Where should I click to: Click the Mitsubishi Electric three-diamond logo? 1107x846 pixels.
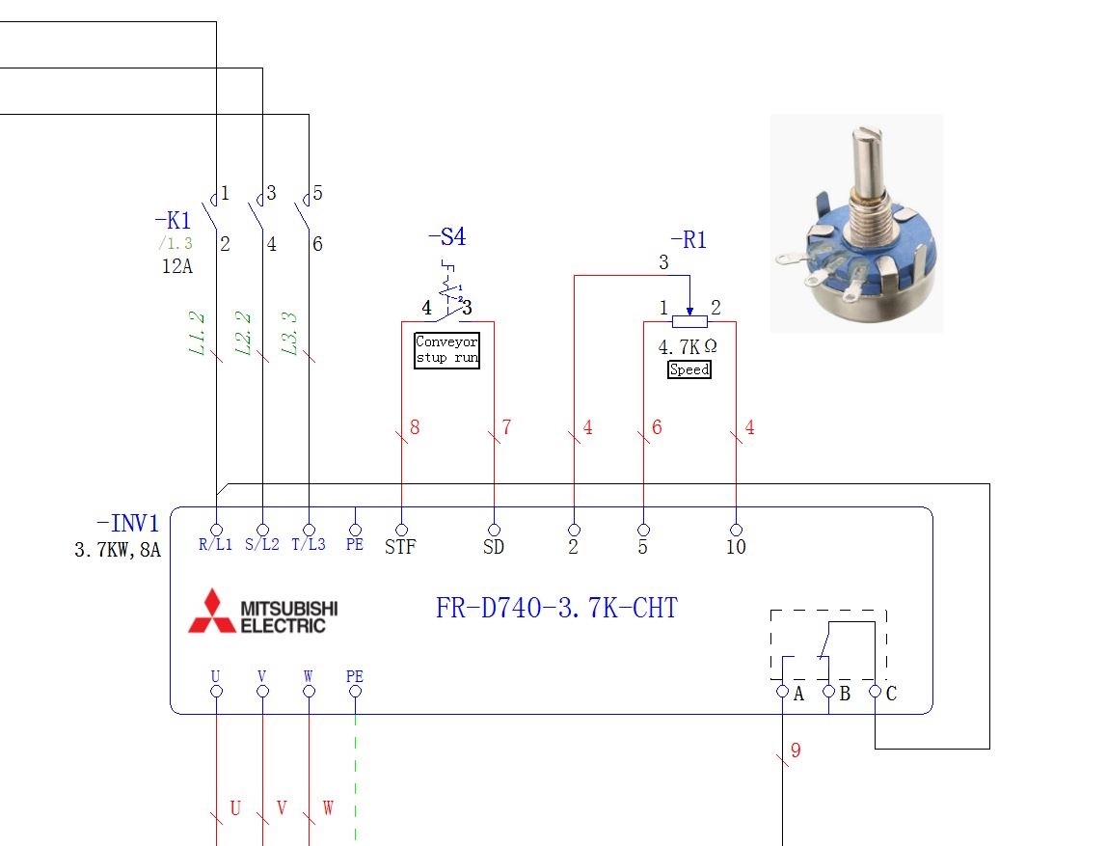[212, 612]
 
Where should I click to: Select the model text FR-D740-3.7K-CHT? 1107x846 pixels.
[556, 608]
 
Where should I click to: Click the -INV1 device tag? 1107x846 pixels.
[128, 523]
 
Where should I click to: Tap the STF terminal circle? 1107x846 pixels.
[402, 530]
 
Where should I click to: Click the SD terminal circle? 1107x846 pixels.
[494, 530]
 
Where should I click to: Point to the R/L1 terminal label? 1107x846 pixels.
[215, 544]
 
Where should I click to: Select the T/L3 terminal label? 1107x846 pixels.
[309, 544]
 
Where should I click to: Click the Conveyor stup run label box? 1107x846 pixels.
[446, 350]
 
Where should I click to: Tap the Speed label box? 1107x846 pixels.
[689, 369]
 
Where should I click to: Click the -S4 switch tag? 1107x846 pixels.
[447, 236]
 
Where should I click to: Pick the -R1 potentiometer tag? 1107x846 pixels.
[688, 240]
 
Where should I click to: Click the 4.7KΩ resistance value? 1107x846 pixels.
[688, 346]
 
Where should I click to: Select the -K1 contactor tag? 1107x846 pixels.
[173, 220]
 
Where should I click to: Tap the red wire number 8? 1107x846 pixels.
[415, 427]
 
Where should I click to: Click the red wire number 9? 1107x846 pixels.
[796, 750]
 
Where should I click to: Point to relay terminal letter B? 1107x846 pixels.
[845, 694]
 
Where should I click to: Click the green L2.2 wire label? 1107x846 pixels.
[244, 334]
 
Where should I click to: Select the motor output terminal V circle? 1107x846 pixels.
[262, 692]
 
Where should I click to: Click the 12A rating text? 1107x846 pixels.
[177, 266]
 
